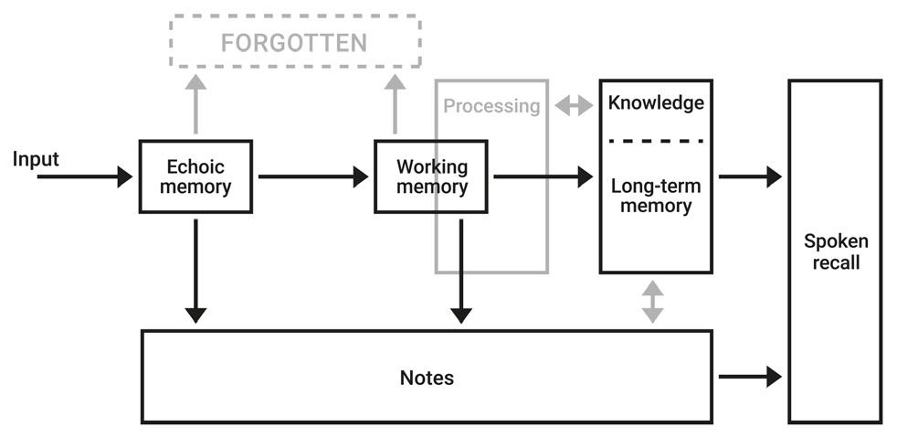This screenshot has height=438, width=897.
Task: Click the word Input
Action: pyautogui.click(x=36, y=159)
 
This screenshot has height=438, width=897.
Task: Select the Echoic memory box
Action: pyautogui.click(x=195, y=176)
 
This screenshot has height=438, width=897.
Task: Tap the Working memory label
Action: pyautogui.click(x=431, y=176)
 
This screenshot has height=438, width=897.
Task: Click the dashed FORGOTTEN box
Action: pyautogui.click(x=295, y=42)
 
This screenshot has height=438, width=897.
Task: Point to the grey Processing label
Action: pyautogui.click(x=491, y=106)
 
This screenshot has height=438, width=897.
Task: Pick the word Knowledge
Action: pyautogui.click(x=656, y=102)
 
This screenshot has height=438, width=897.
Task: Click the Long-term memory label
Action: pyautogui.click(x=656, y=196)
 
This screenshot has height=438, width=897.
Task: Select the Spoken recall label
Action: pyautogui.click(x=835, y=252)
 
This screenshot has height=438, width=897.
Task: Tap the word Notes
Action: pyautogui.click(x=427, y=378)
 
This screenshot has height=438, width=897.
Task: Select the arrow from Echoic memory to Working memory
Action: pyautogui.click(x=312, y=176)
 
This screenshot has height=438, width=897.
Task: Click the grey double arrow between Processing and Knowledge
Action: pyautogui.click(x=574, y=106)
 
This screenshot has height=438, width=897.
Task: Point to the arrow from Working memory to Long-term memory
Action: pyautogui.click(x=543, y=176)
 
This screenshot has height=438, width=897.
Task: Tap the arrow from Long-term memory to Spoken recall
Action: pyautogui.click(x=749, y=176)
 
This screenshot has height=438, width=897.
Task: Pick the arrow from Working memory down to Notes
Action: pyautogui.click(x=461, y=270)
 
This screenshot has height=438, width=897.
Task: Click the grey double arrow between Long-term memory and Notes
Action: pyautogui.click(x=652, y=302)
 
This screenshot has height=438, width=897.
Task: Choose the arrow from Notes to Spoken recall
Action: pyautogui.click(x=749, y=376)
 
